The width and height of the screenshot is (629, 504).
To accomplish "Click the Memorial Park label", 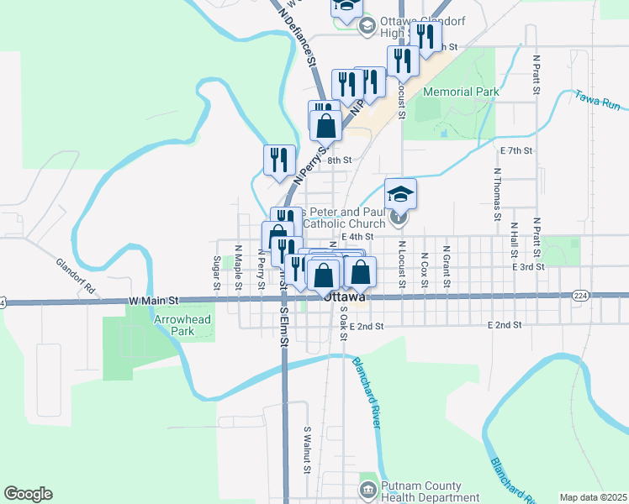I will pos(462,92).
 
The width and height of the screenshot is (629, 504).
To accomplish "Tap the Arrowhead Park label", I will pos(174,325).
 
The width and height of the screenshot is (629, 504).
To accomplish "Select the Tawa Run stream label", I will pos(598,101).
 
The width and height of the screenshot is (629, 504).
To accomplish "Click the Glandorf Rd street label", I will pos(77,276).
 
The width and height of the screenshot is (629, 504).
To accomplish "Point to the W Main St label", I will pos(155,300).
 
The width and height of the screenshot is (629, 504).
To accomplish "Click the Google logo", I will pos(28,494).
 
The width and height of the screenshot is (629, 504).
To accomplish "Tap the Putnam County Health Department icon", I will pos(367,488).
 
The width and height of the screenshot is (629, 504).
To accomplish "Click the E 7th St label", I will pos(517,150).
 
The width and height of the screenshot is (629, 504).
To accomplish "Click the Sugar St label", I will pos(217,272).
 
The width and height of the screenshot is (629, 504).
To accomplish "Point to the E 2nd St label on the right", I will pos(505,324).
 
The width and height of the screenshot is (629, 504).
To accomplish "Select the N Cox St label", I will pos(425,269).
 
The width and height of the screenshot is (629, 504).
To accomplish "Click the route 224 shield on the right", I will pos(580,295).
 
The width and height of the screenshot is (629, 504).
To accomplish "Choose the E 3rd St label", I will pos(529,266).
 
